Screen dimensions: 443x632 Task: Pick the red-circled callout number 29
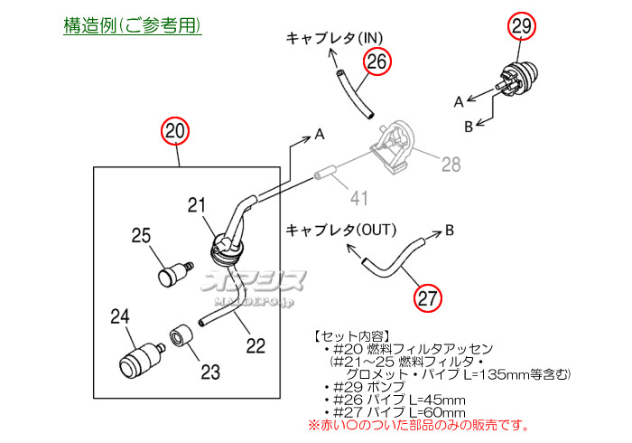(x=522, y=26)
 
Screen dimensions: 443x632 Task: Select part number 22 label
(x=256, y=345)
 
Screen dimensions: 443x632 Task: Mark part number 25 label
(x=141, y=236)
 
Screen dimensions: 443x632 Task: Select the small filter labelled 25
(x=171, y=273)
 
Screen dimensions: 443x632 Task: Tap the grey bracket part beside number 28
(x=398, y=145)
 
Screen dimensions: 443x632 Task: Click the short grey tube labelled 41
(x=325, y=171)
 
